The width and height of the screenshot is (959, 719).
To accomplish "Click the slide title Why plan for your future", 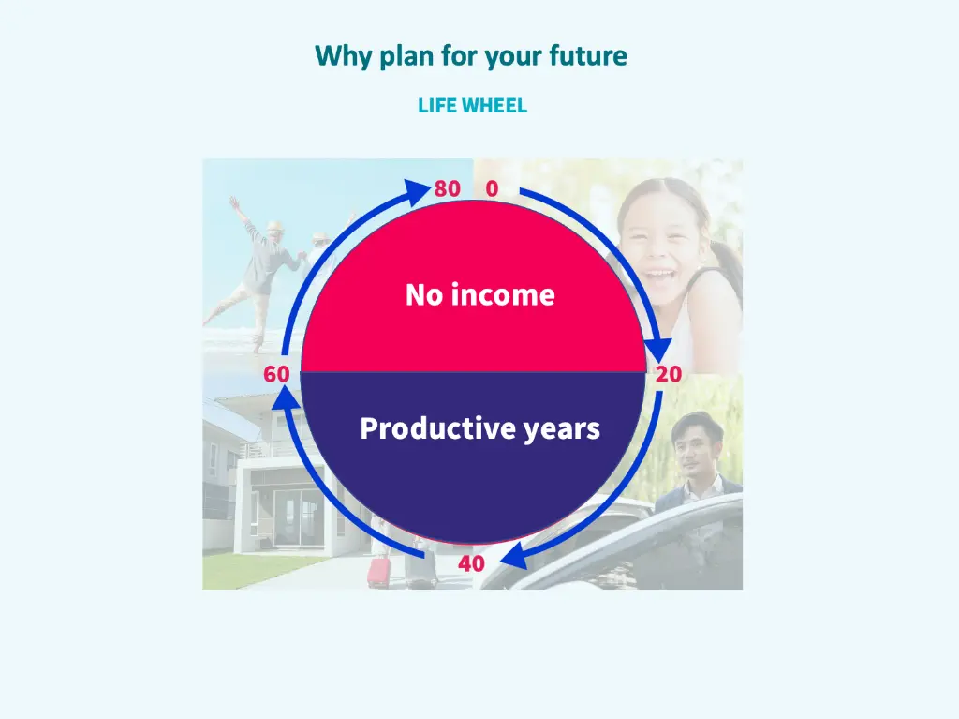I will (x=471, y=56).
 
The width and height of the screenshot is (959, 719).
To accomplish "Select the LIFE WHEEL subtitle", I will (x=472, y=106).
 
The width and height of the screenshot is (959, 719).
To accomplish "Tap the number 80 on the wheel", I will (x=448, y=188).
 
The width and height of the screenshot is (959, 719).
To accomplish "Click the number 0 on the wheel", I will (x=492, y=188).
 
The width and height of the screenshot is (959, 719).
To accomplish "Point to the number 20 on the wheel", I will (x=669, y=374).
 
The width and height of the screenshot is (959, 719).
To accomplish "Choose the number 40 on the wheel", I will (x=471, y=563).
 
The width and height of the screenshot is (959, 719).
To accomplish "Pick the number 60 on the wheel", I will (x=276, y=374).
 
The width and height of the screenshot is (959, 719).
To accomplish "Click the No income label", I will (x=479, y=295).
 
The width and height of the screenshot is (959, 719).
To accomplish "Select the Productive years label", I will (x=479, y=428).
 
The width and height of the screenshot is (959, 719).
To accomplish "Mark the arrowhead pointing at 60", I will (x=287, y=397).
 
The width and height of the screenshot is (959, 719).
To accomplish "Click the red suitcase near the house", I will (x=379, y=571).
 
